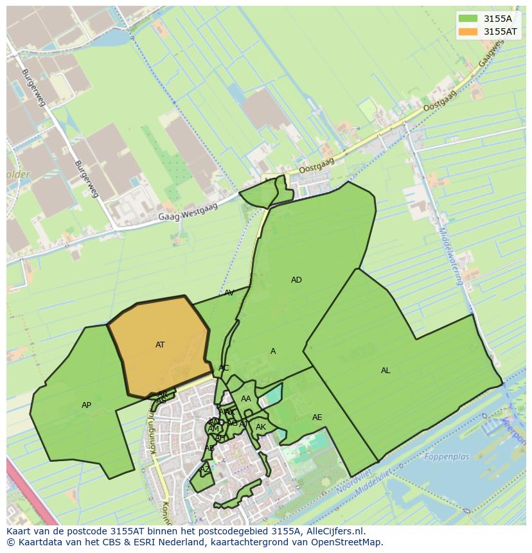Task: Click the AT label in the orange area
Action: click(x=160, y=345)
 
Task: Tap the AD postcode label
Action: click(x=296, y=280)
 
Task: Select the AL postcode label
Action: click(x=386, y=371)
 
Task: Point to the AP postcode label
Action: click(x=86, y=405)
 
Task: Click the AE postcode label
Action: click(x=317, y=417)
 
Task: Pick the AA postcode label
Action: click(x=246, y=399)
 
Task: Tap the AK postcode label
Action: click(x=261, y=427)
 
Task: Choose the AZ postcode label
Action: click(x=205, y=470)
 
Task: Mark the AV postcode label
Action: click(x=229, y=293)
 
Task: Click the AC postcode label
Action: click(x=224, y=368)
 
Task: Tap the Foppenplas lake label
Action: click(x=447, y=457)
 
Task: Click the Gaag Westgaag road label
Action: click(x=188, y=212)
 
